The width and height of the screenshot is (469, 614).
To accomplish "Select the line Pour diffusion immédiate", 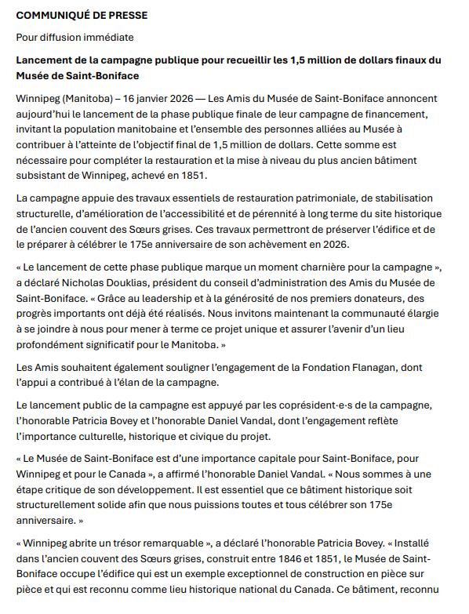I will (75, 37).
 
